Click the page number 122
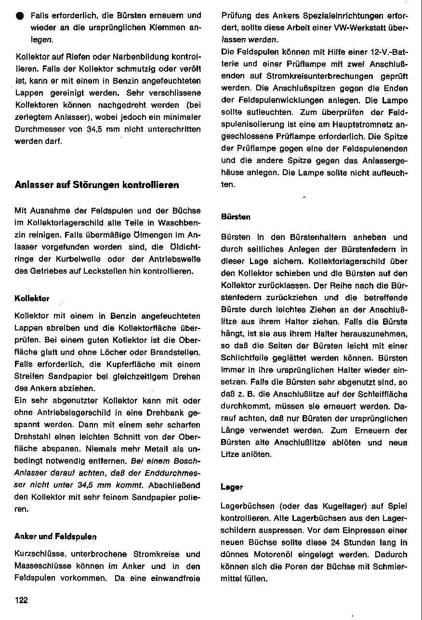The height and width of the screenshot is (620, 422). click(21, 600)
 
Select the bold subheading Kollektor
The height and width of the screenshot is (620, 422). click(32, 298)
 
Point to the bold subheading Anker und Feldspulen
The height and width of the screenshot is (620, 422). click(55, 536)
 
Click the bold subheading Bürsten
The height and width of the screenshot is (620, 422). click(236, 217)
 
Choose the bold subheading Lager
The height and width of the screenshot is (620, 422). click(231, 487)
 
